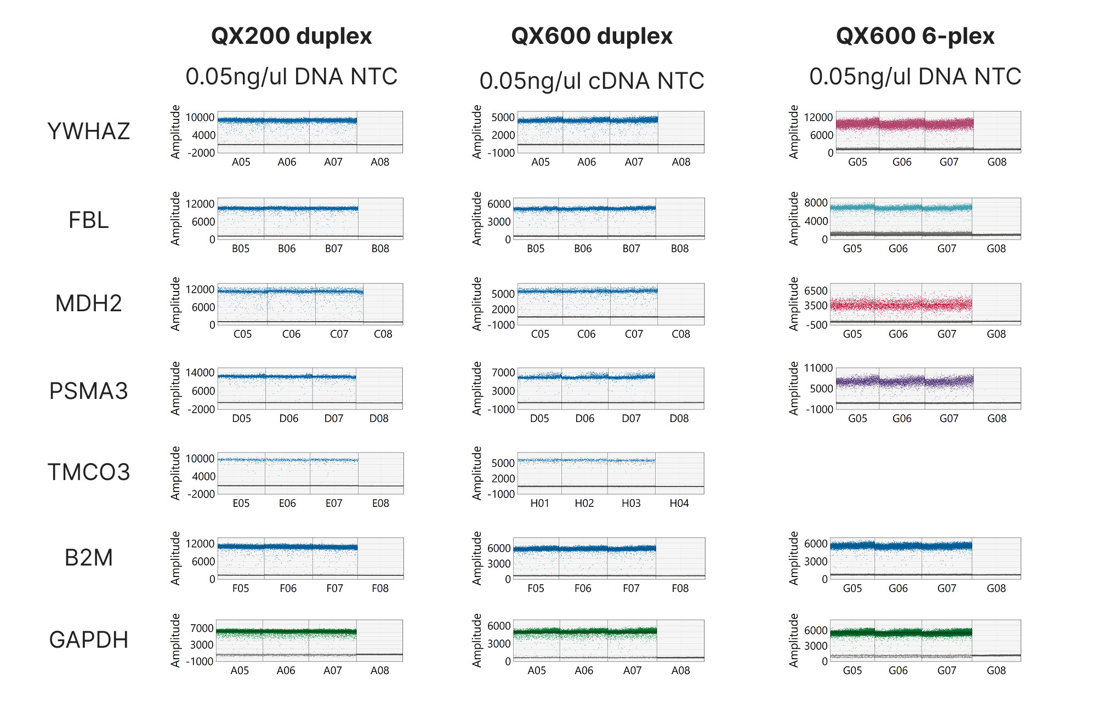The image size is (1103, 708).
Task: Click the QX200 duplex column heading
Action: coord(291,36)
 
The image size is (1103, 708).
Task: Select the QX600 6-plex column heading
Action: coord(914,36)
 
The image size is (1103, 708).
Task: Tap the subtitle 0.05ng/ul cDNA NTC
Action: coord(591,81)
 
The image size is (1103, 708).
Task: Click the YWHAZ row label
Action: coord(89,132)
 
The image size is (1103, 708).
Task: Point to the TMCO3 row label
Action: coord(89,472)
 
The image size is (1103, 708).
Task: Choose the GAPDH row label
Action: coord(89,640)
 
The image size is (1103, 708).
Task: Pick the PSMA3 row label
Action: coord(89,391)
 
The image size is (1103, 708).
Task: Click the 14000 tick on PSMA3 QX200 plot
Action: coord(200,373)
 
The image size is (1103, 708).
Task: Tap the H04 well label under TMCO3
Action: coord(679,503)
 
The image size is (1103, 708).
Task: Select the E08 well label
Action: coord(380,503)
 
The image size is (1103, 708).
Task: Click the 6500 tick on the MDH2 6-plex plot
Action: coord(816,291)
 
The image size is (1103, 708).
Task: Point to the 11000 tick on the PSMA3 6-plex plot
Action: coord(818,368)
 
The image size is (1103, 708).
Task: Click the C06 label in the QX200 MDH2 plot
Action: coord(291,334)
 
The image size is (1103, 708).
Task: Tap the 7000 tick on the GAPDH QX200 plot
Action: coord(202,629)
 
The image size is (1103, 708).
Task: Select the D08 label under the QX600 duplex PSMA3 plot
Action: coord(679,419)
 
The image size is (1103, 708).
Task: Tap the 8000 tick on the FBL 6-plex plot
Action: coord(816,203)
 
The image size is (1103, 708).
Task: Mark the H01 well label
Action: coord(539,503)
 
